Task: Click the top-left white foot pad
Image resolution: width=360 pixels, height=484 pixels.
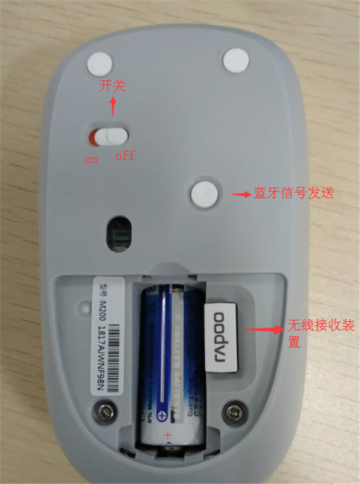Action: pyautogui.click(x=101, y=62)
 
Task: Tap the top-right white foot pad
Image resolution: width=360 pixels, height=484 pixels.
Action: pyautogui.click(x=236, y=59)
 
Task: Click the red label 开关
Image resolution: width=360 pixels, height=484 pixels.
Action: pyautogui.click(x=112, y=86)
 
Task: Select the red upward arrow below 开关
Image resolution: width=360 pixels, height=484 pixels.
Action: pyautogui.click(x=113, y=108)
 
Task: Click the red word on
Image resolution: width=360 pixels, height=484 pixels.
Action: pyautogui.click(x=91, y=160)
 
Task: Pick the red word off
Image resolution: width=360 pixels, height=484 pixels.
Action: pyautogui.click(x=125, y=157)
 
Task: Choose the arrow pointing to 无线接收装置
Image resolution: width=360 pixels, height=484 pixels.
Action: pyautogui.click(x=263, y=329)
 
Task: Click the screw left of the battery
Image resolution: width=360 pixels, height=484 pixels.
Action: pyautogui.click(x=109, y=411)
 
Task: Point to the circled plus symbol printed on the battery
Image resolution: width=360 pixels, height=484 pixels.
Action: pyautogui.click(x=161, y=416)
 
